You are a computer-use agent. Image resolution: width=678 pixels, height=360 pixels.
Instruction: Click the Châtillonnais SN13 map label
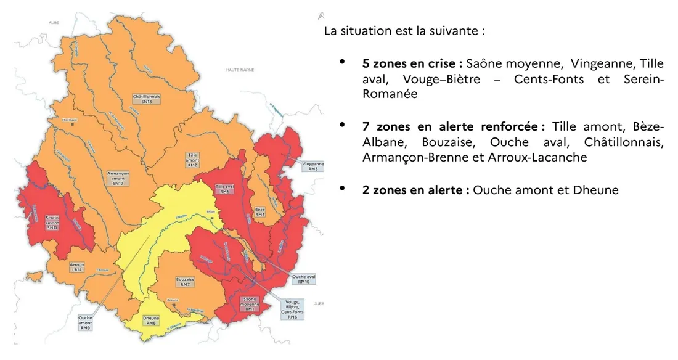click(x=146, y=99)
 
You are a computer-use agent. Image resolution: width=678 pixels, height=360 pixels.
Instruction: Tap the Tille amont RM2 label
click(x=192, y=160)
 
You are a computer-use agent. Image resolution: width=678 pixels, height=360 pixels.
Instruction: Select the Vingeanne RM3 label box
click(x=313, y=166)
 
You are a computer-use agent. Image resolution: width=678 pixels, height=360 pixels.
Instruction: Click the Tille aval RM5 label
click(x=224, y=189)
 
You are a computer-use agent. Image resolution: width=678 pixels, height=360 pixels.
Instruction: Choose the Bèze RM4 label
click(x=259, y=211)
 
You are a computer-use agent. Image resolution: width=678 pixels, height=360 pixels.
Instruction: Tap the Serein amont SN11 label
click(x=52, y=223)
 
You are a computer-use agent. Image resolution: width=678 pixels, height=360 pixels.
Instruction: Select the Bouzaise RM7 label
click(x=185, y=282)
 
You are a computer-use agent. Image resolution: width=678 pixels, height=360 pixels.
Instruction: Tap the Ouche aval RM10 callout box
click(x=303, y=279)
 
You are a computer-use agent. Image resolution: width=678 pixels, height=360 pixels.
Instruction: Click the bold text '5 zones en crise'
click(x=412, y=63)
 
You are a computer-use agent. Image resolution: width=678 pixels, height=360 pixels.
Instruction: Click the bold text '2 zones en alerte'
click(x=416, y=190)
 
